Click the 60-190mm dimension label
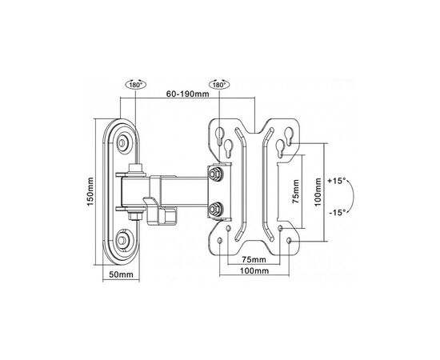tap(187, 94)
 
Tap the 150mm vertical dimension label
tap(90, 191)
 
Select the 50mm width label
tap(121, 274)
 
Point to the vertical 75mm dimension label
tap(296, 191)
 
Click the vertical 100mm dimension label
tap(318, 192)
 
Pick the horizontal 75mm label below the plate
tap(254, 259)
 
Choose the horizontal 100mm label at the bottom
tap(254, 270)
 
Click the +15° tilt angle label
tap(337, 181)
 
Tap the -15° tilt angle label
tap(338, 213)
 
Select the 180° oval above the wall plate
tap(136, 85)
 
